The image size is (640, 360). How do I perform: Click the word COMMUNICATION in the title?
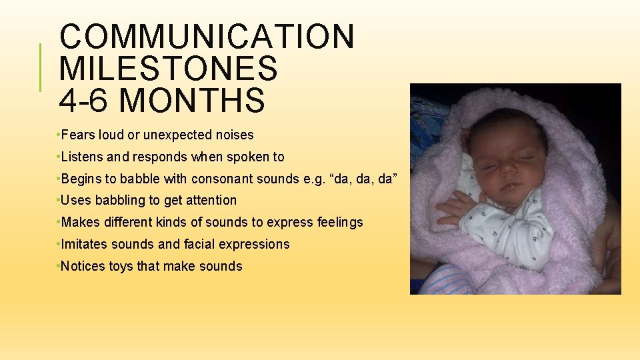[x=207, y=37]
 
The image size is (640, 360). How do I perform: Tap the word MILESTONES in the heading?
[x=168, y=69]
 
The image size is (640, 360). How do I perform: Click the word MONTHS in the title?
[x=194, y=101]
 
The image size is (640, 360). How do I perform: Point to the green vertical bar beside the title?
[x=41, y=68]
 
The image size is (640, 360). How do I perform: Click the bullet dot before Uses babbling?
[x=59, y=201]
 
